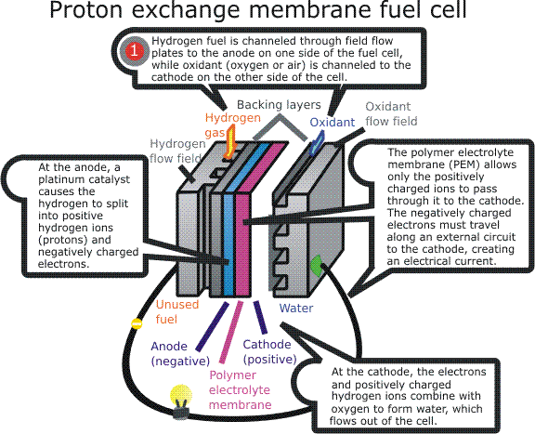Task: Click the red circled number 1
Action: coord(135,51)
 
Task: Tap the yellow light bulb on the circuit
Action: coord(181,401)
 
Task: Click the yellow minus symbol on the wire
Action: coord(137,323)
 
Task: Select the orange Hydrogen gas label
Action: coord(233,125)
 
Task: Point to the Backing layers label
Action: coord(279,104)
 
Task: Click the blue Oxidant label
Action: coord(332,122)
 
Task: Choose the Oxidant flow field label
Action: coord(391,113)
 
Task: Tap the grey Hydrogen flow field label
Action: coord(177,151)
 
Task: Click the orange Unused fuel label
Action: coord(176,311)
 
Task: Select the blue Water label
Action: coord(295,308)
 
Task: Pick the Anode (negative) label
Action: coord(180,354)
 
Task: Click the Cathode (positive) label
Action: coord(269,352)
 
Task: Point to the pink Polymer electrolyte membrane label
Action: coord(241,390)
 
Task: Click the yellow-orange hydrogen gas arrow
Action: coord(231,141)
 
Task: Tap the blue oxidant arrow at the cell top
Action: coord(317,144)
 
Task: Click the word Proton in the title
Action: coord(86,9)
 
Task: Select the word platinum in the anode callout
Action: coord(59,179)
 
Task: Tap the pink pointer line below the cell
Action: coord(231,332)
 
